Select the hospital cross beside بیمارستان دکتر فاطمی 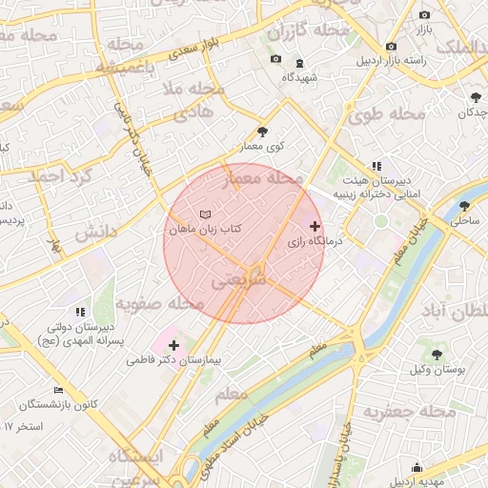point(173,345)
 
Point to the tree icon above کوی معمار point(263,132)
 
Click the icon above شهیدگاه point(300,63)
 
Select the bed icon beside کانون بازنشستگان point(58,389)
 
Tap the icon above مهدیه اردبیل point(417,467)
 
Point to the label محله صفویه point(160,303)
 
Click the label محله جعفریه point(411,413)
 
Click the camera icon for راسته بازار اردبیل point(391,47)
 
